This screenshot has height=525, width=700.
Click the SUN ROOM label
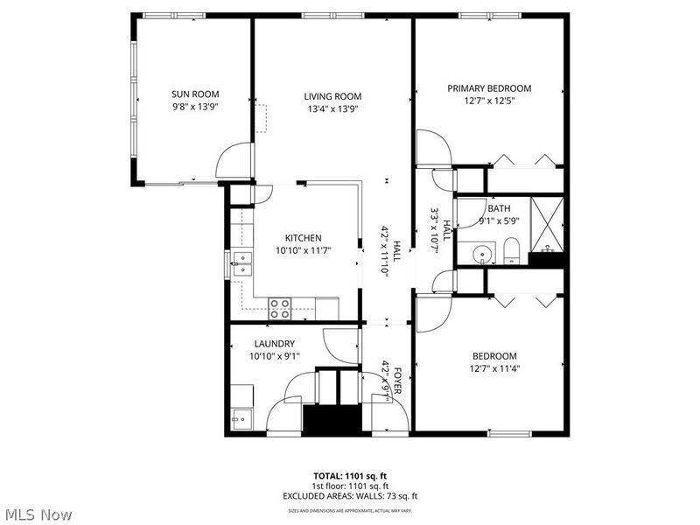click(194, 94)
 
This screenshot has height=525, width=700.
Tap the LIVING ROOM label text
click(332, 96)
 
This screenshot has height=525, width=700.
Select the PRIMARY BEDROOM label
click(489, 88)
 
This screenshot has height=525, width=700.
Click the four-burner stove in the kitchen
click(280, 306)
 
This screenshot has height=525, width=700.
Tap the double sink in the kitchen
click(239, 263)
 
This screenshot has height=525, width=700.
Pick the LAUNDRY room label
click(274, 344)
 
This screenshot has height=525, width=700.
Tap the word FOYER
click(395, 383)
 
